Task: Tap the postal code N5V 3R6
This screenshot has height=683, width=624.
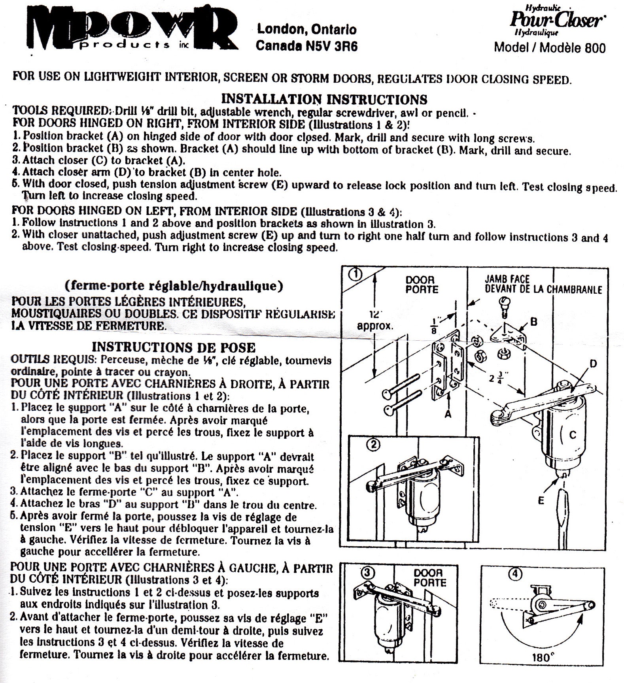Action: (332, 46)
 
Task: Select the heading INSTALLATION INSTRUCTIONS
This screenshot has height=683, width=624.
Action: (324, 99)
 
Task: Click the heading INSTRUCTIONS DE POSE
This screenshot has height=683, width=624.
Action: (174, 347)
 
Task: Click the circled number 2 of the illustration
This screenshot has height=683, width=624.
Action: (373, 444)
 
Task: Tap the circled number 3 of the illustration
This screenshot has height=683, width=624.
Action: (367, 572)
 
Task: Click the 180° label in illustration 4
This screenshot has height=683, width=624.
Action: (541, 658)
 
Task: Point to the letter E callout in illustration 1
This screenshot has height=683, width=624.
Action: (541, 500)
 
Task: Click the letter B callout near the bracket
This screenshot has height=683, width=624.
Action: (533, 322)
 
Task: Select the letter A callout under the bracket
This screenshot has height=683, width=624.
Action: (448, 414)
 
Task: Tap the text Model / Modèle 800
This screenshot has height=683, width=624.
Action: (550, 48)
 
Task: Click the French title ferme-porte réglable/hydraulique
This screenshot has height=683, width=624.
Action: (174, 285)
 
